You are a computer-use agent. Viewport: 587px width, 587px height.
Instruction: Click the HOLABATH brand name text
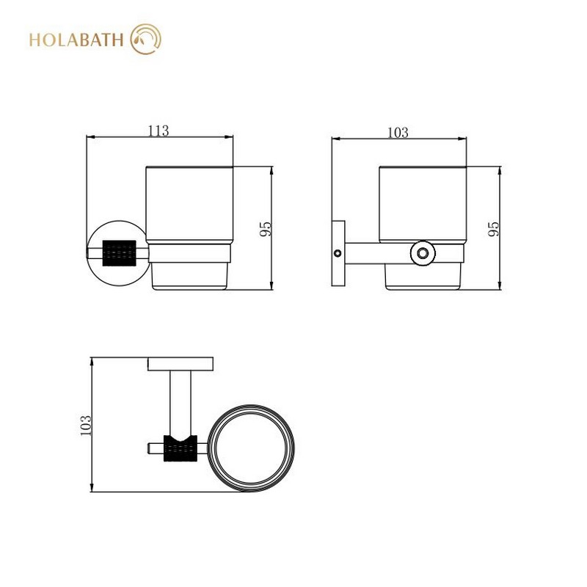point(76,40)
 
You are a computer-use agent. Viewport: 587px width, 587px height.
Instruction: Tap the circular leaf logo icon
point(145,39)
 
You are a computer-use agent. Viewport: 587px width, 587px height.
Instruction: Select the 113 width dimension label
point(158,131)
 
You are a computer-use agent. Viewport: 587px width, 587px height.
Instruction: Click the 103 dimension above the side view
point(398,133)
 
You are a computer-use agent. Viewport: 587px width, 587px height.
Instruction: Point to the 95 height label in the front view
point(265,229)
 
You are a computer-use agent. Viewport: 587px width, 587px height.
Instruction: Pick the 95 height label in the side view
point(494,229)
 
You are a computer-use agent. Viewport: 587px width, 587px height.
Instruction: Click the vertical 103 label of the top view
point(86,425)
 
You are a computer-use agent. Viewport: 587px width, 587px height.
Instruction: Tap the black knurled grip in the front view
point(119,253)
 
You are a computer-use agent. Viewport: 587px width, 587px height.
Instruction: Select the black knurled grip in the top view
point(181,448)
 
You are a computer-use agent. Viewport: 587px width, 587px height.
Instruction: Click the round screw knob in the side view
point(423,253)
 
